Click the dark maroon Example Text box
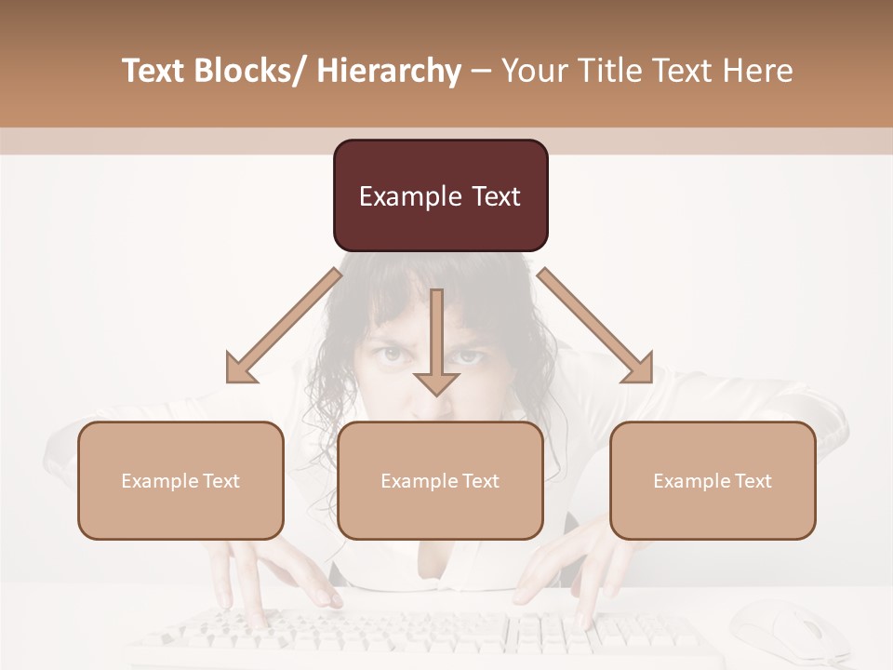click(x=440, y=195)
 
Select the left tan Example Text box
click(x=180, y=480)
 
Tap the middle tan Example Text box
click(x=440, y=480)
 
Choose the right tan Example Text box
click(x=713, y=480)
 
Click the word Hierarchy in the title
click(x=389, y=71)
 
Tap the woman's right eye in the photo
click(x=470, y=355)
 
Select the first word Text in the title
click(x=155, y=71)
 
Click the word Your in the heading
click(x=533, y=71)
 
